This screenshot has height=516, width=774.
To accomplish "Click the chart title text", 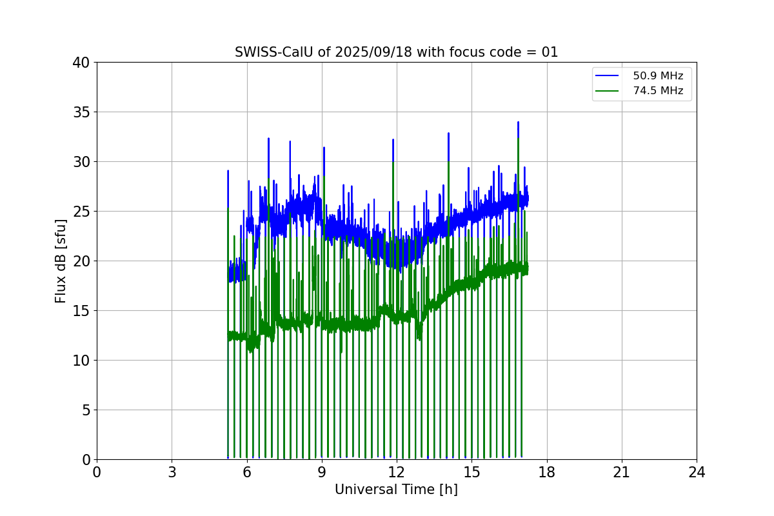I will pos(396,52).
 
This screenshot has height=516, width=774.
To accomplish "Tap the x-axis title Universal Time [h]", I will pos(396,490).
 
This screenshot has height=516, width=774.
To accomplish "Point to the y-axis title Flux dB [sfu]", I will pos(61,261).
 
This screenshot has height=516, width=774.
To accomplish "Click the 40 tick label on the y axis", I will pos(81,63).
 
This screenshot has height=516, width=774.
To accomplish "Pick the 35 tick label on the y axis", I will pos(81,112).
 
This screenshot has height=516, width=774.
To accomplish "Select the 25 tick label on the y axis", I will pos(81,212).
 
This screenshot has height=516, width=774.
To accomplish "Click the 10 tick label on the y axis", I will pos(81,360).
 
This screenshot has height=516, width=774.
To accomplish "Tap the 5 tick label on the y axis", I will pos(85,410).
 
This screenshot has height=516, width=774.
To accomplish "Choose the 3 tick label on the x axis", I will pos(172,472).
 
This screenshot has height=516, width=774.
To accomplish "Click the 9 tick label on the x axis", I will pos(322,472).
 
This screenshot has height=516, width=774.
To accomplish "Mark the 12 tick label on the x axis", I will pos(397,472).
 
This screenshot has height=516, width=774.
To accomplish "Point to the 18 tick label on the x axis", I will pos(547,472).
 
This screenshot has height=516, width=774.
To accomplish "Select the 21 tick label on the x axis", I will pos(622,472).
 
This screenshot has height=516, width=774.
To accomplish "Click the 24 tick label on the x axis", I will pos(697,472).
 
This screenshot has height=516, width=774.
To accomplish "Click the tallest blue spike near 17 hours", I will pos(518,123).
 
